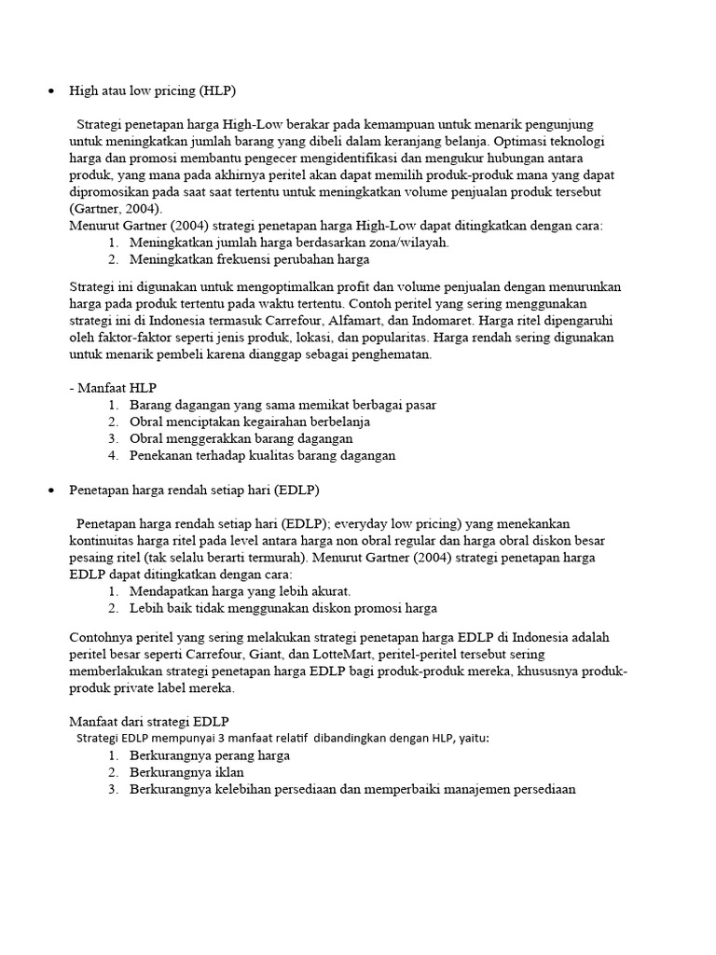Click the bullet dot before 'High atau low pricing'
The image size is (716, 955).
tap(49, 91)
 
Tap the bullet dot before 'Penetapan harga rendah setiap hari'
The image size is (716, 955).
tap(49, 490)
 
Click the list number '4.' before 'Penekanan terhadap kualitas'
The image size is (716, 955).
tap(113, 455)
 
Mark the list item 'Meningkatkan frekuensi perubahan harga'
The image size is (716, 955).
tap(250, 259)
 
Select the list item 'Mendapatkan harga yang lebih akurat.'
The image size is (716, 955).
tap(240, 591)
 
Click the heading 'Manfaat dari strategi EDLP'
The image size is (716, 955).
tap(149, 722)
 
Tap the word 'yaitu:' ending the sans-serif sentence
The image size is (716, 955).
tap(472, 738)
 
